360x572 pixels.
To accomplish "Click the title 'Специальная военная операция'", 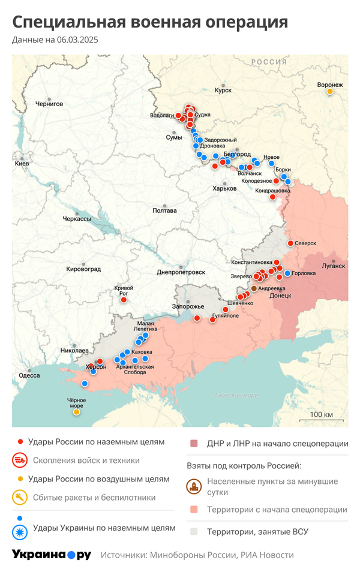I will click(150, 22).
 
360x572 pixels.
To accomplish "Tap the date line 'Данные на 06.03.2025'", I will click(55, 40).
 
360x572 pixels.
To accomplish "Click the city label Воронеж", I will click(330, 85).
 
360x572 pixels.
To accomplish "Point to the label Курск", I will click(223, 91).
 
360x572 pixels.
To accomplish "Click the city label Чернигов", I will click(49, 104).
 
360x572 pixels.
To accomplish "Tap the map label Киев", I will click(22, 163).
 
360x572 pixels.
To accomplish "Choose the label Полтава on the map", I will click(164, 210).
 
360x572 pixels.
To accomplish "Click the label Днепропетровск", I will click(181, 272).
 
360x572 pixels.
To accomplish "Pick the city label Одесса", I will click(29, 375).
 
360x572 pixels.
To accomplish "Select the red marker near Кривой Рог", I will click(124, 299).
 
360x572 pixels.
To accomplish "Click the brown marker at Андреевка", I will click(254, 288).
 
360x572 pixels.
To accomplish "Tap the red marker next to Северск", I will click(290, 243).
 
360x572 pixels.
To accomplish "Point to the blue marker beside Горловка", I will click(287, 273).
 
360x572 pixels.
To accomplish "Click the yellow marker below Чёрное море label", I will click(76, 412).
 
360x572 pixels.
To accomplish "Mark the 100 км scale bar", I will click(321, 420).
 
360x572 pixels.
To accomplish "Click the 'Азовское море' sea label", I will click(236, 396).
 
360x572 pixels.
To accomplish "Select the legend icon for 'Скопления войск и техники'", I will click(20, 460).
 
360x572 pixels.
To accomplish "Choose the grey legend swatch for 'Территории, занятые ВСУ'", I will click(194, 531).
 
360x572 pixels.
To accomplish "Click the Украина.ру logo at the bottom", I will click(52, 555).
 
